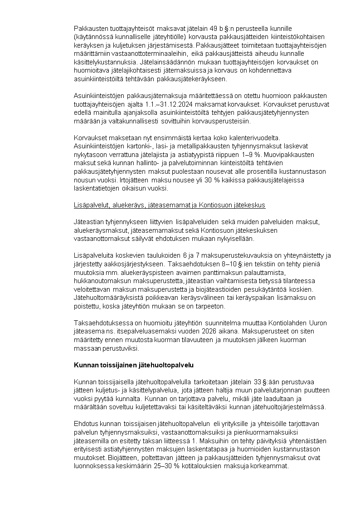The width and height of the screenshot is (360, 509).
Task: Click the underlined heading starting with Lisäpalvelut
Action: [x=169, y=205]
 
